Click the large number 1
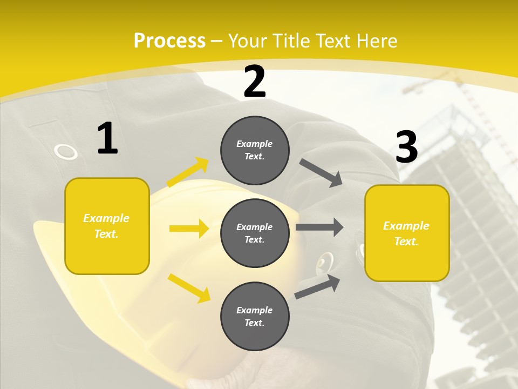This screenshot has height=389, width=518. click(x=107, y=139)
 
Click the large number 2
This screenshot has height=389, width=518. click(x=255, y=82)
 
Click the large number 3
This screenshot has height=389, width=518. click(x=406, y=147)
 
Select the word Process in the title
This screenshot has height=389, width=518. click(x=169, y=41)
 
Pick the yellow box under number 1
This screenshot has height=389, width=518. click(x=107, y=226)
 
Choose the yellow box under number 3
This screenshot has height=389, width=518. click(x=407, y=233)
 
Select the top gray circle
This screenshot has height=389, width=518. click(x=255, y=150)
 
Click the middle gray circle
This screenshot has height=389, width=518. click(x=255, y=233)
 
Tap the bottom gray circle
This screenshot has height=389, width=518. click(x=255, y=316)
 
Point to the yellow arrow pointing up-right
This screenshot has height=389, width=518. click(x=188, y=172)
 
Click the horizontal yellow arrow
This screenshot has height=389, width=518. click(x=189, y=229)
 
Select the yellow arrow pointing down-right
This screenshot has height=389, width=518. click(x=189, y=287)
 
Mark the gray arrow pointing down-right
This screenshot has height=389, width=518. click(x=321, y=172)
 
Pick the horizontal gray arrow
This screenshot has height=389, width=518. click(x=319, y=227)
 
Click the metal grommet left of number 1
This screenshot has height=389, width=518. click(x=66, y=152)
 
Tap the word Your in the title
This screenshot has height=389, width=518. click(x=246, y=41)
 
